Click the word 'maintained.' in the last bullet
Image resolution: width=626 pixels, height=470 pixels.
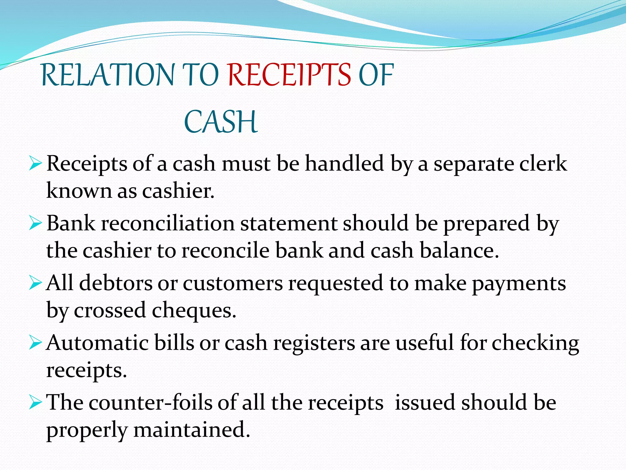192,430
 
